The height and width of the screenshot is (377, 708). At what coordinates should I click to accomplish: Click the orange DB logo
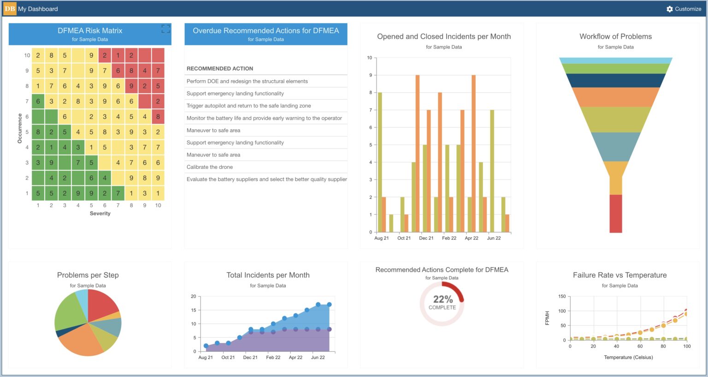[10, 9]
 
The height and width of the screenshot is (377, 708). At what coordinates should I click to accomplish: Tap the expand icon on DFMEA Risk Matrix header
[166, 29]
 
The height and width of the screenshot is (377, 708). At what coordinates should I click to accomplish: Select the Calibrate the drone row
[210, 167]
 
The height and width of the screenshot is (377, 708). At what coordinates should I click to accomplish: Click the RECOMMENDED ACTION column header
[220, 68]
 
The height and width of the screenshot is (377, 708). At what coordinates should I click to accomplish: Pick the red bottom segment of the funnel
[616, 213]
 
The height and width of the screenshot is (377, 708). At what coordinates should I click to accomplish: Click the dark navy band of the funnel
[616, 80]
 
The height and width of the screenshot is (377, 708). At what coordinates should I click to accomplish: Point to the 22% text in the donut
[442, 299]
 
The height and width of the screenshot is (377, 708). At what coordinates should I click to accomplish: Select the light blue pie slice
[82, 297]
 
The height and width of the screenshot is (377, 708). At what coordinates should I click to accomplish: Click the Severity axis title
[100, 213]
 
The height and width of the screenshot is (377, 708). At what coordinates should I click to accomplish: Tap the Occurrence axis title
[20, 128]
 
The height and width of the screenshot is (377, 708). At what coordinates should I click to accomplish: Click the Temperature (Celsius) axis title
[628, 357]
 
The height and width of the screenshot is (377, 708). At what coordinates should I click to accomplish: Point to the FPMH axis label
[547, 318]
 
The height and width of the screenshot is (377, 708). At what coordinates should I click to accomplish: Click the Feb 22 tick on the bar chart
[449, 238]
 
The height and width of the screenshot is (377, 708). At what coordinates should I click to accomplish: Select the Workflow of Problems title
[615, 36]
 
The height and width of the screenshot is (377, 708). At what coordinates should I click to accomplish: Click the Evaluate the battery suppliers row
[266, 179]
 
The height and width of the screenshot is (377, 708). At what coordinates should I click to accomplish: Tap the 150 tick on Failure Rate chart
[562, 296]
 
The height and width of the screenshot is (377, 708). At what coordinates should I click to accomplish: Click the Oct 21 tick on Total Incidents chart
[228, 357]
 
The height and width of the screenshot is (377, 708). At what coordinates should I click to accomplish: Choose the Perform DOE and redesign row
[247, 81]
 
